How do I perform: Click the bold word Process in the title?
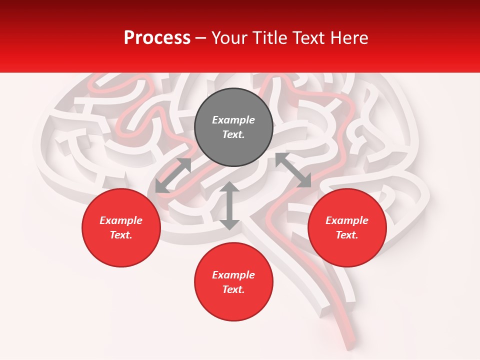click(157, 38)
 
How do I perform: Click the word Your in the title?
click(230, 38)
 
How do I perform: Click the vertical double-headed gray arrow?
click(229, 205)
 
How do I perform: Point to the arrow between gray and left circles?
click(173, 175)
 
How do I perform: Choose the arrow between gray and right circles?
click(293, 170)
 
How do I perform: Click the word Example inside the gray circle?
click(233, 120)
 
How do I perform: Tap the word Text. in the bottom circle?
click(233, 289)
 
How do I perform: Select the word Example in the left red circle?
click(121, 220)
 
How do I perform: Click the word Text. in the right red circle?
click(347, 235)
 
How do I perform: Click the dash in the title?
click(201, 38)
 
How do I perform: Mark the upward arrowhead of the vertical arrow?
click(229, 187)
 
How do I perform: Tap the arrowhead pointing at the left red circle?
click(161, 187)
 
